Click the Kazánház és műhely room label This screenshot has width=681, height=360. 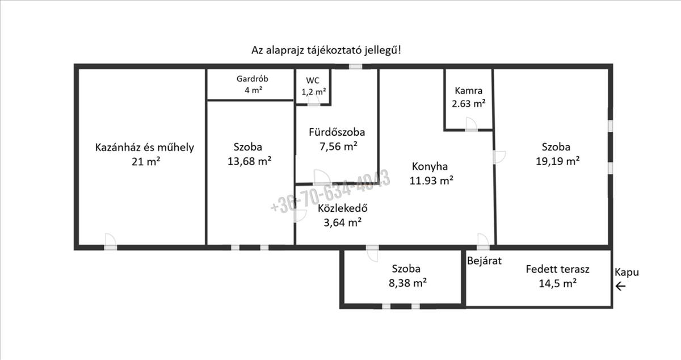pyautogui.click(x=144, y=148)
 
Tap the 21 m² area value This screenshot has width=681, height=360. pyautogui.click(x=144, y=162)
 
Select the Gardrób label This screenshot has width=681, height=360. pyautogui.click(x=251, y=79)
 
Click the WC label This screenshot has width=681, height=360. pyautogui.click(x=313, y=81)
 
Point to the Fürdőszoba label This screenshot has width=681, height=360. pyautogui.click(x=337, y=132)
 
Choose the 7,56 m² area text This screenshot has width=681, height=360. pyautogui.click(x=338, y=146)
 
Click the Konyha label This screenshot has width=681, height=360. pyautogui.click(x=430, y=167)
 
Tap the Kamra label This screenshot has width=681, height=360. pyautogui.click(x=469, y=91)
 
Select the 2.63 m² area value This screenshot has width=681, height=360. pyautogui.click(x=469, y=104)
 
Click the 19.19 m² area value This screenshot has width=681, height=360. pyautogui.click(x=556, y=160)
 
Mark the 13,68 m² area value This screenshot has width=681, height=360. pyautogui.click(x=249, y=161)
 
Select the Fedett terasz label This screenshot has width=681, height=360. pyautogui.click(x=557, y=269)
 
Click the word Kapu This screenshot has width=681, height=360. pyautogui.click(x=627, y=273)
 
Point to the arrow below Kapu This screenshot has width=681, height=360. pyautogui.click(x=621, y=286)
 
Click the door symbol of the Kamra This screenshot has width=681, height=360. pyautogui.click(x=470, y=125)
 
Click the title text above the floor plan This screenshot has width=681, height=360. pyautogui.click(x=326, y=50)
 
